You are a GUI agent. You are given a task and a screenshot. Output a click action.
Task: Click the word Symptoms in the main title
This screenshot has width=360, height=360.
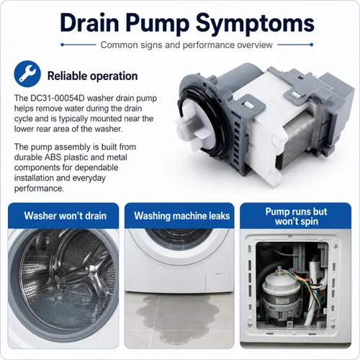255,23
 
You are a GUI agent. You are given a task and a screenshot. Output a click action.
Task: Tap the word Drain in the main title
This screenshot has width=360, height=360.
89,23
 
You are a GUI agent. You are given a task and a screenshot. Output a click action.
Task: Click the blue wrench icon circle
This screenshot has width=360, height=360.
27,74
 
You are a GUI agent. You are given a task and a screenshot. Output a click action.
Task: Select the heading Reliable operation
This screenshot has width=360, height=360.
92,76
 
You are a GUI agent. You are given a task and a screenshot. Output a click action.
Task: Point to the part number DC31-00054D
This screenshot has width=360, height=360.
58,98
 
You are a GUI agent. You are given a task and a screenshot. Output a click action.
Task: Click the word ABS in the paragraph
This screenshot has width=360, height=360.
53,157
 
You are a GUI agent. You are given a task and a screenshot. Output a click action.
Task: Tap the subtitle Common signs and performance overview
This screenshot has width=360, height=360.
186,45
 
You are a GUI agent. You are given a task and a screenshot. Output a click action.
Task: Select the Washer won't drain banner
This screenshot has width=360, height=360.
63,215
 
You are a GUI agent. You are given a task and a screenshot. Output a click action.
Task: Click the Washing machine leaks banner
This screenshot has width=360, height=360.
179,215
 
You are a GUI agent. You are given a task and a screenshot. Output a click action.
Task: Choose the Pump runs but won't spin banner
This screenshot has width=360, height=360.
296,216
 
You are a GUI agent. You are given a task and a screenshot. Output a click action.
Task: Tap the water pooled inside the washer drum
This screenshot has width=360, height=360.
63,305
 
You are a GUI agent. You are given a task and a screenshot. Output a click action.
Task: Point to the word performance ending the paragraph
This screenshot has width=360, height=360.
39,189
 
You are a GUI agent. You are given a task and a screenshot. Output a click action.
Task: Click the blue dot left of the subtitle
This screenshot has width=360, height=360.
62,45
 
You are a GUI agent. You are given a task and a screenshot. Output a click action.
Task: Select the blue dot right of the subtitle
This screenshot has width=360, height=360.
312,45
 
